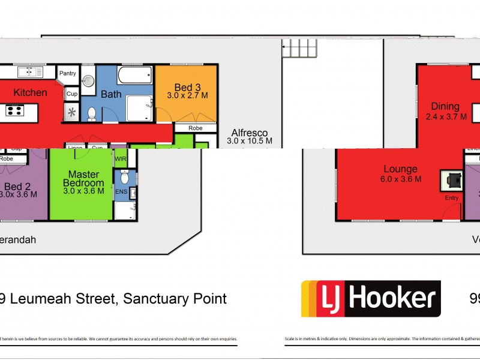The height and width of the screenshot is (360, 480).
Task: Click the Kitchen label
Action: [x=30, y=93]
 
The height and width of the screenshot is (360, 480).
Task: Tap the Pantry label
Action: [x=68, y=74]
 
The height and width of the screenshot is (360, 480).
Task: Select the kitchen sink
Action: [x=29, y=72]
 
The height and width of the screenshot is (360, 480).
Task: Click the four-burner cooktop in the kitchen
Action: [x=15, y=110]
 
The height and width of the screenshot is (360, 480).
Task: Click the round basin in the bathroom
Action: [x=88, y=80]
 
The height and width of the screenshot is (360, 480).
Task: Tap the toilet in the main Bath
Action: [x=92, y=113]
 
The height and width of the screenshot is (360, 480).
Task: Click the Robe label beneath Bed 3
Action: [x=195, y=128]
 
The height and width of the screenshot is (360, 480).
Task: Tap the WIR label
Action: [x=121, y=160]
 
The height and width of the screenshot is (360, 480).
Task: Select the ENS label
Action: [x=121, y=193]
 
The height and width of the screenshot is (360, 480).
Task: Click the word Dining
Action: [x=445, y=107]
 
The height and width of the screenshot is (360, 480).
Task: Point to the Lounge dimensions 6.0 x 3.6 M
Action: [x=400, y=179]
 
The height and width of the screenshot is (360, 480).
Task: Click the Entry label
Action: [x=451, y=197]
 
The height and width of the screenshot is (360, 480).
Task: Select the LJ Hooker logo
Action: [x=370, y=298]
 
